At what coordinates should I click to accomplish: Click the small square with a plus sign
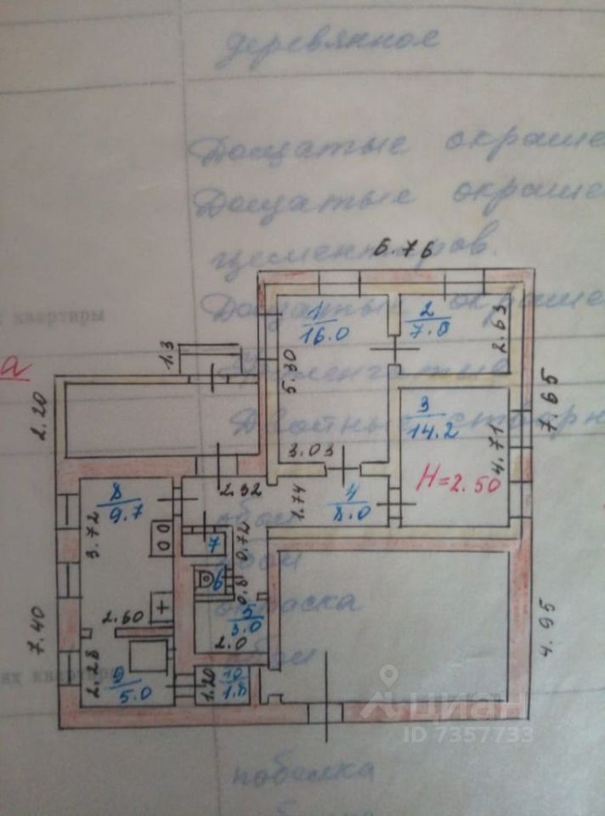[162, 608]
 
